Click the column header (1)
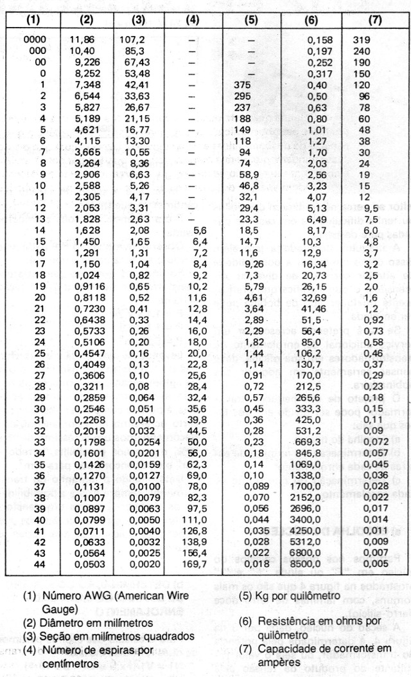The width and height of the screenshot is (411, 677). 32,20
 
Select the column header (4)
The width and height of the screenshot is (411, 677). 193,20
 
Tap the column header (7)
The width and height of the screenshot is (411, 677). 376,20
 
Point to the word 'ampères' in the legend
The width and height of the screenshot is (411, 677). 278,662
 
